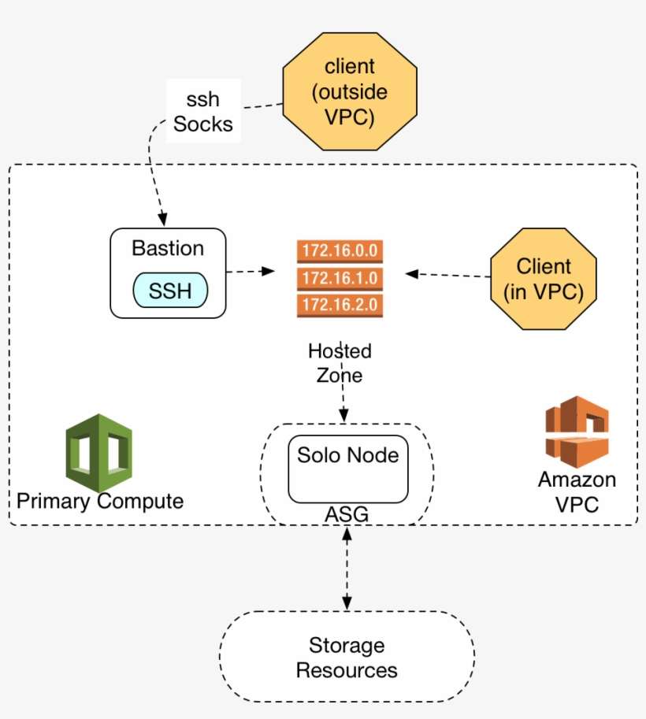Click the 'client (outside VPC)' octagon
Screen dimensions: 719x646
click(x=350, y=92)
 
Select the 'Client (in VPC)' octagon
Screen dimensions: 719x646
click(x=543, y=279)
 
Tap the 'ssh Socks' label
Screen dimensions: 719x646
click(x=203, y=112)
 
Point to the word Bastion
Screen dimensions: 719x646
click(x=168, y=248)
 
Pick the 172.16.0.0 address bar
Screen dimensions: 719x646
click(x=340, y=252)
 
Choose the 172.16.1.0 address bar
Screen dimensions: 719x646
click(x=340, y=278)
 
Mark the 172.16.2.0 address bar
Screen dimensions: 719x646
click(x=340, y=304)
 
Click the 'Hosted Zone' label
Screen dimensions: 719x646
click(x=340, y=363)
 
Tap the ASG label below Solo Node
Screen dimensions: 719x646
click(x=347, y=514)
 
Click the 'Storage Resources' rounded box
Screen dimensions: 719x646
click(x=347, y=658)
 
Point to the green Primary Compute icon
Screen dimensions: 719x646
click(x=99, y=454)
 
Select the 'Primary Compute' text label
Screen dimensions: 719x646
click(x=100, y=501)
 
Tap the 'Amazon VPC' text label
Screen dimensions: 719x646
click(x=577, y=491)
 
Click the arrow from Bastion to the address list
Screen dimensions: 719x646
click(x=251, y=272)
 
